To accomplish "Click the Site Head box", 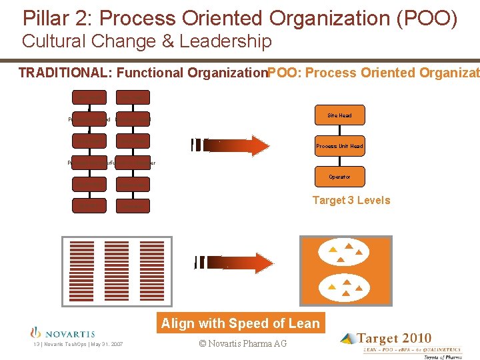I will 339,115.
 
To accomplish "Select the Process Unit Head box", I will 339,146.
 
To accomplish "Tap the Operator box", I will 339,177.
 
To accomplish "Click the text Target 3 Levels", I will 351,200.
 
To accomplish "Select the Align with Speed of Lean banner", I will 241,323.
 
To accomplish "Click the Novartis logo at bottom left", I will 63,333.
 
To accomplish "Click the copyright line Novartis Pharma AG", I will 243,343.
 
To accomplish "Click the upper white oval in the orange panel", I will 345,252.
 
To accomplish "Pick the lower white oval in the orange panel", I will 345,287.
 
